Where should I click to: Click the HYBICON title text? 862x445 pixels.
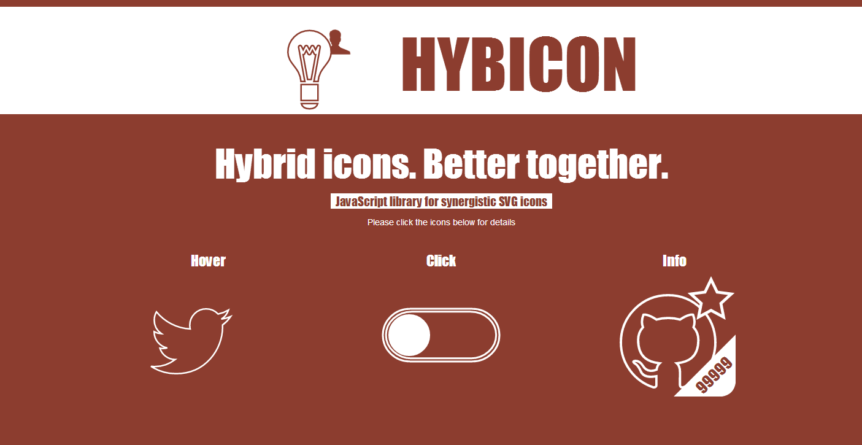(519, 64)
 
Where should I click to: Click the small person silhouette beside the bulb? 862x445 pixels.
(339, 42)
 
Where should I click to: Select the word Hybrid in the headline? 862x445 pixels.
(265, 164)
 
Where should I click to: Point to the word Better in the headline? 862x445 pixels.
(471, 164)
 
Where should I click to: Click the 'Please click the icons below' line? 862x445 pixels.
(441, 222)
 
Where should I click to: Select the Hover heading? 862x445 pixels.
(208, 261)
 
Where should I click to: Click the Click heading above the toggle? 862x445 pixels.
(441, 261)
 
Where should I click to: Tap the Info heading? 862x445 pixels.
(674, 261)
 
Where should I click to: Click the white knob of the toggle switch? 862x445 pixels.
(409, 335)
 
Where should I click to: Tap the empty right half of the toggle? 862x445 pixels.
(464, 335)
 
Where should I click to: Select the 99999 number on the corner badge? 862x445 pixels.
(714, 375)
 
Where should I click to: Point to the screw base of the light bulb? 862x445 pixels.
(309, 96)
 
